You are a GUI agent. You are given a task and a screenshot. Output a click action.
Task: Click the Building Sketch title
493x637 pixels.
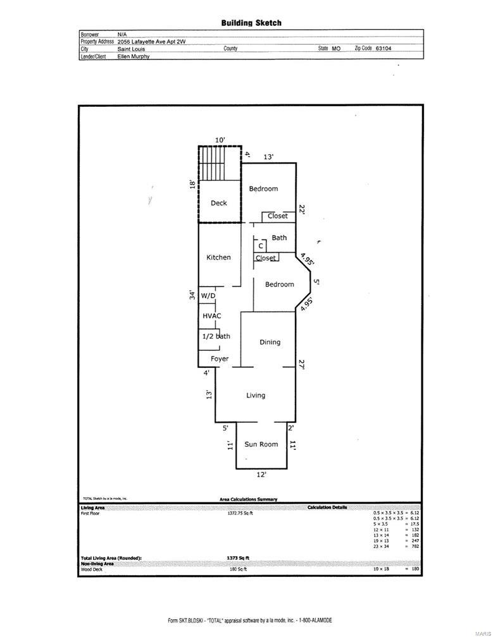click(x=251, y=23)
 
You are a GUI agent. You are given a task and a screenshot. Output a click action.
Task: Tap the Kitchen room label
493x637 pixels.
click(x=218, y=258)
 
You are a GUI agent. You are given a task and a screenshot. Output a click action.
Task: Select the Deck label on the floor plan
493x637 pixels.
click(x=218, y=203)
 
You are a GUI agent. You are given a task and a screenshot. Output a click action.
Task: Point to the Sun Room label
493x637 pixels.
click(x=261, y=444)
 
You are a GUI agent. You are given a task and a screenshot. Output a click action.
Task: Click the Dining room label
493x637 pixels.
click(x=270, y=343)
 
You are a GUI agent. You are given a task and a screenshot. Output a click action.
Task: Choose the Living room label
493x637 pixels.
click(x=256, y=396)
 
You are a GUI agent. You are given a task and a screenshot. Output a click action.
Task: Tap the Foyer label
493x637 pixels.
click(x=220, y=359)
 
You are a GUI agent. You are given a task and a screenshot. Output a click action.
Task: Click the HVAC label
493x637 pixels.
click(x=211, y=316)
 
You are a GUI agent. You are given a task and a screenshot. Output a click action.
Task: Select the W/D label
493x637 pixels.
click(x=208, y=296)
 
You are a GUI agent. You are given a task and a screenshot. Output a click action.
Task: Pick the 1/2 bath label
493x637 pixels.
click(x=216, y=337)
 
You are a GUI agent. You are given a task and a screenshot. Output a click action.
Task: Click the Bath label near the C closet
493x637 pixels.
click(x=279, y=238)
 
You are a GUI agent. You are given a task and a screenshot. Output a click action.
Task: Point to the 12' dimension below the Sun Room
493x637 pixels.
click(x=261, y=475)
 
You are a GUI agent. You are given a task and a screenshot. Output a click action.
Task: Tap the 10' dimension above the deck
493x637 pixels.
click(x=220, y=140)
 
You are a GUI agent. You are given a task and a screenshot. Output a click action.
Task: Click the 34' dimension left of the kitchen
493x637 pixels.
click(x=192, y=294)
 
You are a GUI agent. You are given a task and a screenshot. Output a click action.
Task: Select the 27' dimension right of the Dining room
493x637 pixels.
click(x=302, y=365)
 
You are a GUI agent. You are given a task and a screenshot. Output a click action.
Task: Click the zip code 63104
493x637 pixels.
click(x=384, y=48)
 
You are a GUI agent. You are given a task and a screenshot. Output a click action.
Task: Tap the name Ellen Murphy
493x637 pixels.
click(x=134, y=56)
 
